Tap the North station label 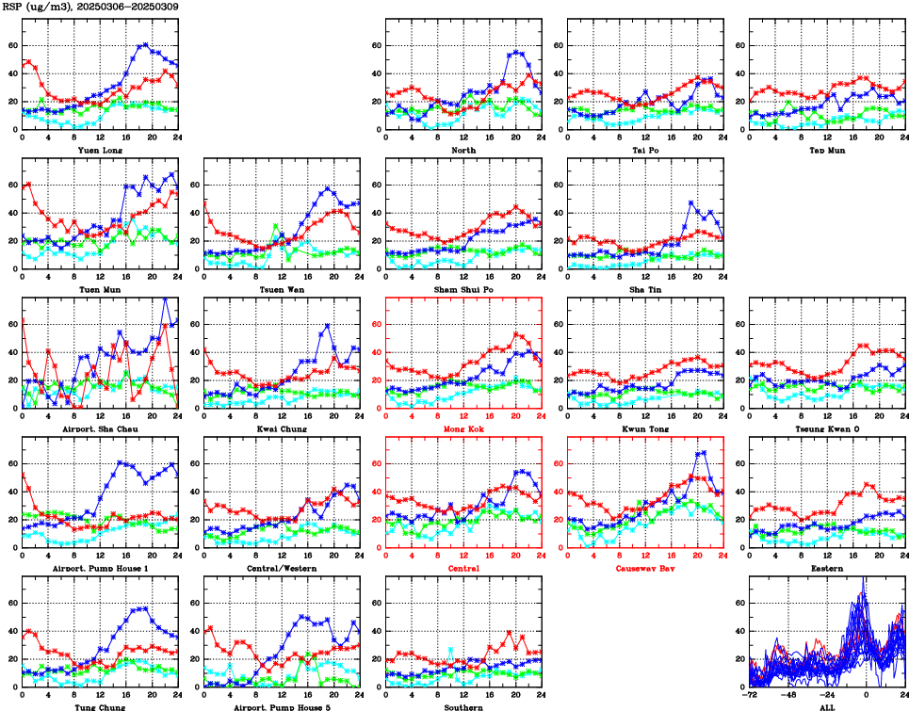(463, 150)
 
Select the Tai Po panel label (645, 150)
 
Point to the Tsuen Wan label (282, 289)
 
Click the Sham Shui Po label (463, 289)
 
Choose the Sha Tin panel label (645, 289)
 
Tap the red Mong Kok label (463, 429)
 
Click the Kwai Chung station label (282, 429)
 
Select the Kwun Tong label (645, 429)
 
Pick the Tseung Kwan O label (827, 429)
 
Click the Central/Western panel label (282, 569)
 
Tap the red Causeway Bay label (645, 569)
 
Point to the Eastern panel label (827, 569)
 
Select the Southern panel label (463, 707)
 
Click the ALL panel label (827, 707)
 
